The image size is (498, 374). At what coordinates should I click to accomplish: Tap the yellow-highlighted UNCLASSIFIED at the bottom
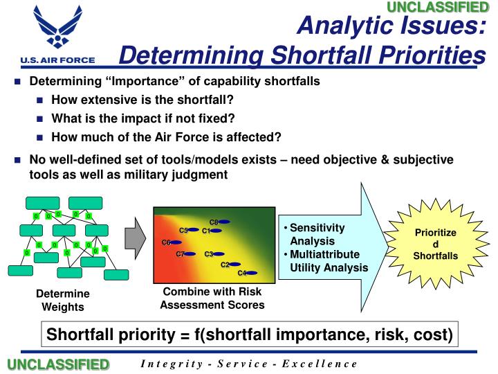pyautogui.click(x=58, y=364)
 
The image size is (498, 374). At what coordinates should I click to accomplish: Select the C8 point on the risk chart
pyautogui.click(x=219, y=222)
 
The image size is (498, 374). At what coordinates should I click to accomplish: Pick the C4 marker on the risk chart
pyautogui.click(x=247, y=273)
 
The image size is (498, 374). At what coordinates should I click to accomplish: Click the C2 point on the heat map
pyautogui.click(x=230, y=265)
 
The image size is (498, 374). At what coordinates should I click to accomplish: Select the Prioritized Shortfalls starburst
pyautogui.click(x=435, y=244)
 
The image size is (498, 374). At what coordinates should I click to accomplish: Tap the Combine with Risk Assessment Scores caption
pyautogui.click(x=212, y=298)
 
